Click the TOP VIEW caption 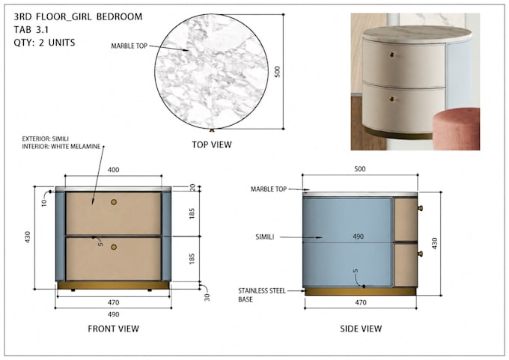click(212, 144)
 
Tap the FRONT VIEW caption click(113, 329)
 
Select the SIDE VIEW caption click(361, 329)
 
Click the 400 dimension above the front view click(113, 170)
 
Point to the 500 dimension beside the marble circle click(277, 72)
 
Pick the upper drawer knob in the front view click(114, 202)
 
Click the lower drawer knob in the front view click(114, 247)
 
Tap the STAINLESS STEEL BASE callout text click(262, 295)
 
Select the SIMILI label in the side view click(264, 237)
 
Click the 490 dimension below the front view click(113, 314)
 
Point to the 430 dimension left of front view click(27, 237)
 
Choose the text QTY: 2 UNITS click(44, 43)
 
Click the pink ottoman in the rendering click(457, 129)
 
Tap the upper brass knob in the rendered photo click(391, 55)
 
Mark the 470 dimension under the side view click(361, 302)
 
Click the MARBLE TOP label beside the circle click(129, 46)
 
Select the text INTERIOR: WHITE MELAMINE click(61, 147)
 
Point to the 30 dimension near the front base click(207, 297)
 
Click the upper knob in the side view click(420, 208)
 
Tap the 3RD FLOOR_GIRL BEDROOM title click(78, 16)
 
